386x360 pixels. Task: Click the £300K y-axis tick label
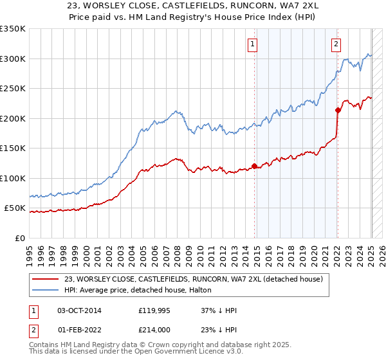coord(13,59)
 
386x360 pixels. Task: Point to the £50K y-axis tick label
coord(15,208)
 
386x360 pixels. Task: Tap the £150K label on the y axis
coord(13,148)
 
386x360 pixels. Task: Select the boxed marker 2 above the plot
coord(336,44)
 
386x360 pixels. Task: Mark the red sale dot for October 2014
coord(254,166)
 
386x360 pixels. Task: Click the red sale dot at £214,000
coord(338,110)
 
